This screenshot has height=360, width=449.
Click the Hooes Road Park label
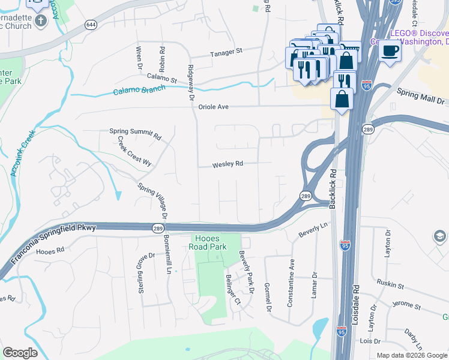(207, 242)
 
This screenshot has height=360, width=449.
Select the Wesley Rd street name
(228, 164)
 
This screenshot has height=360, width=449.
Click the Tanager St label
(226, 52)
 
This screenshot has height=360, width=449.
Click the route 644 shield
(91, 25)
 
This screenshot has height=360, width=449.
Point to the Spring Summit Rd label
(136, 133)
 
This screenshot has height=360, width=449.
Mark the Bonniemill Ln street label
(169, 253)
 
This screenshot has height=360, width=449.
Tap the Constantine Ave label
(291, 283)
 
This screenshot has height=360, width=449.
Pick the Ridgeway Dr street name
(192, 83)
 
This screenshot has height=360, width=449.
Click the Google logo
(20, 353)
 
